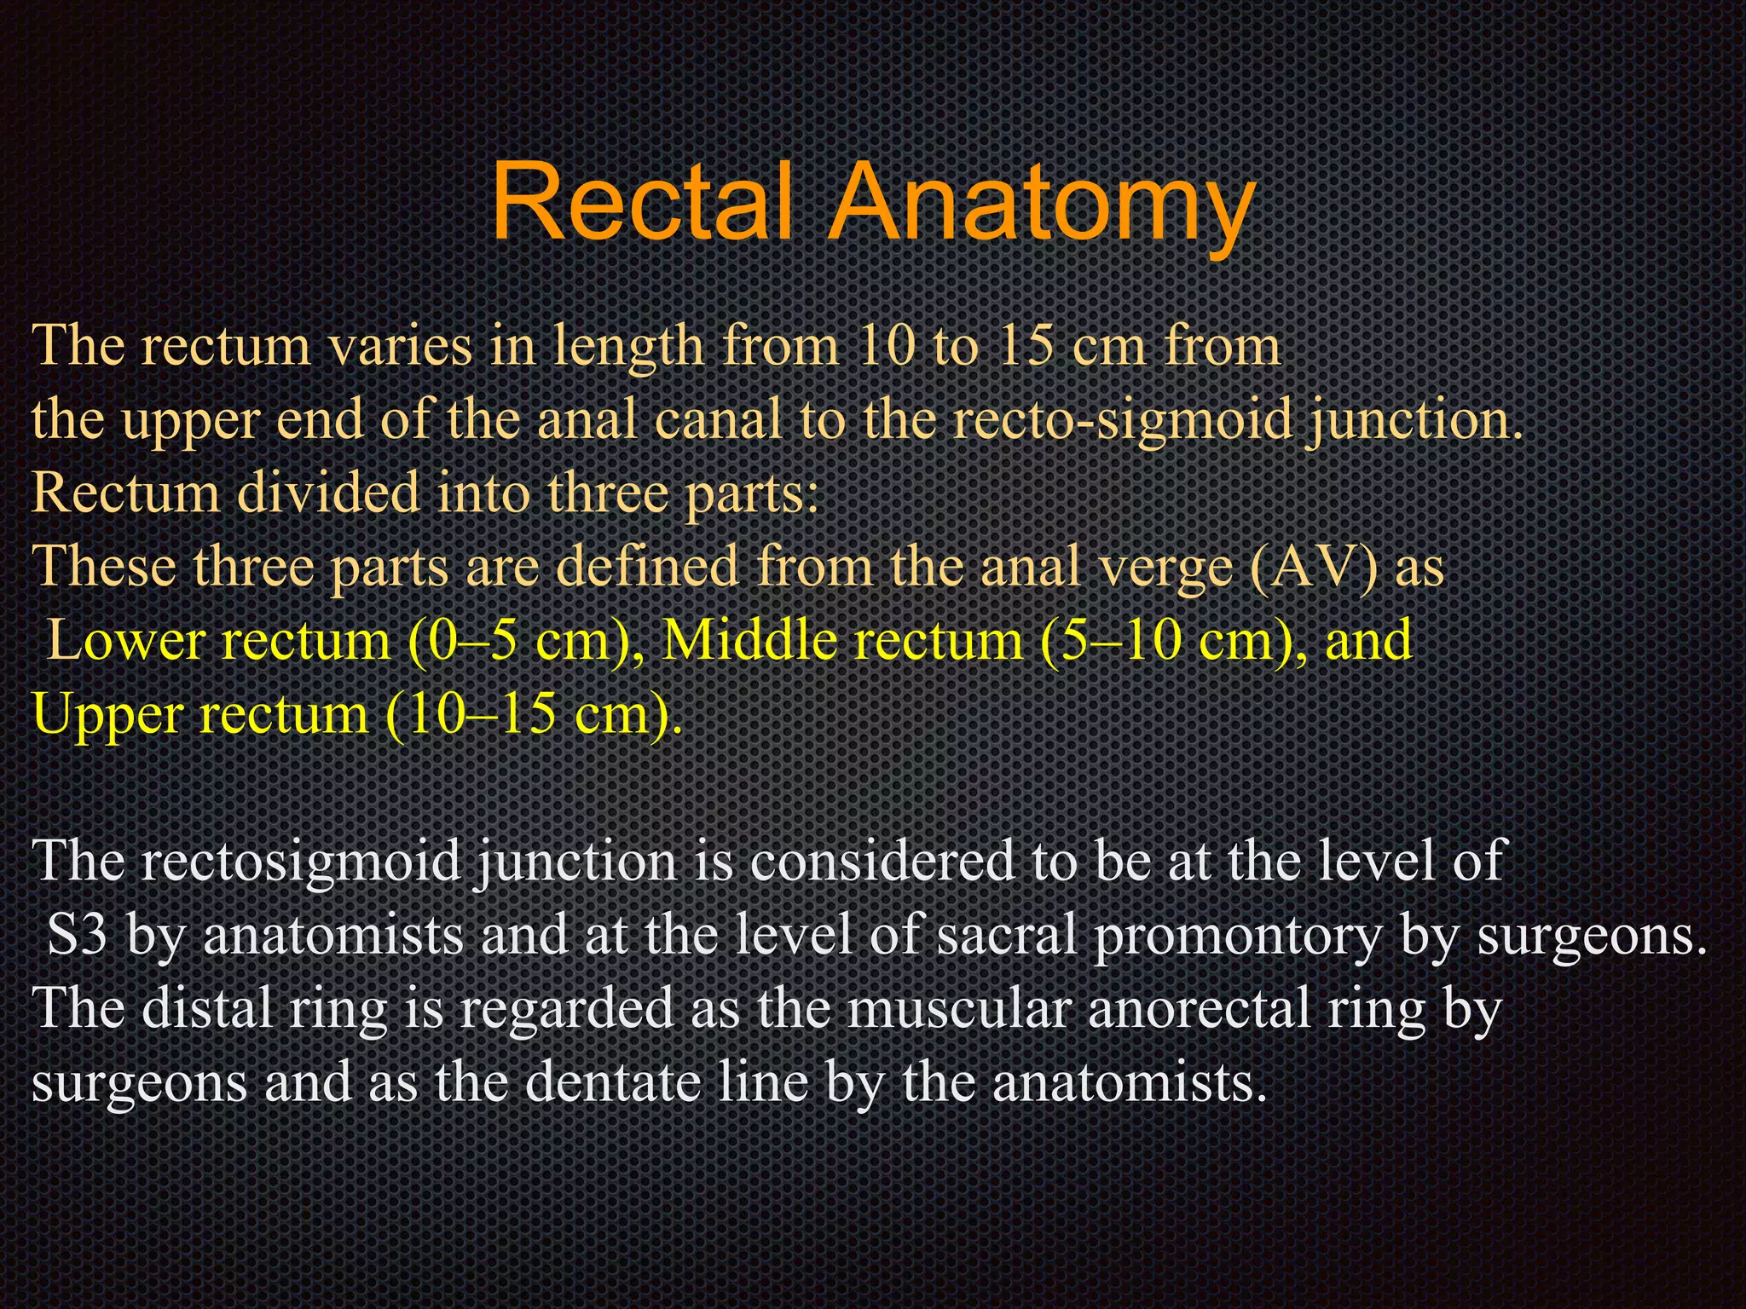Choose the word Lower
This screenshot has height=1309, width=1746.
point(125,640)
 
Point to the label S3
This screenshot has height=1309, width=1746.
point(77,935)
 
